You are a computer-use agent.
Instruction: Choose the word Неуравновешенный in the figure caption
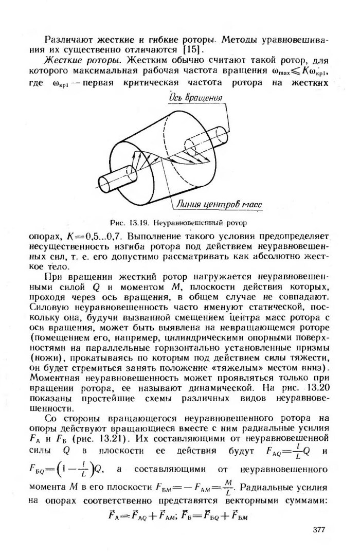185,223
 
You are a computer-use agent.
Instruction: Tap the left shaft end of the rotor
106,182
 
